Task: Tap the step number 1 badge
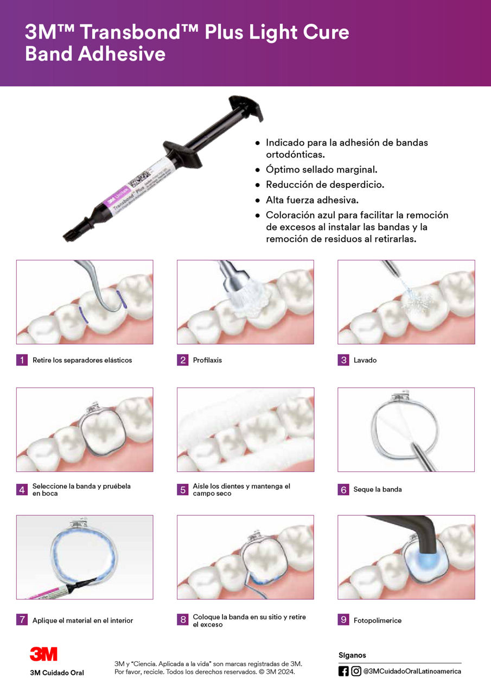(x=22, y=360)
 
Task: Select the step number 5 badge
(x=182, y=490)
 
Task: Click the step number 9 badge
(x=343, y=620)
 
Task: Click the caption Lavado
(x=365, y=360)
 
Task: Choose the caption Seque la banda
(x=378, y=490)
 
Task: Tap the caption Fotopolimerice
(x=378, y=620)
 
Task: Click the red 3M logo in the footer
(x=43, y=654)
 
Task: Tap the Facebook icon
(x=343, y=671)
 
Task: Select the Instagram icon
(x=356, y=671)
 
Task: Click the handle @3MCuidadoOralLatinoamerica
(x=412, y=671)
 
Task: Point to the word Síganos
(x=352, y=655)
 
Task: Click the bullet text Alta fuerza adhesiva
(x=312, y=200)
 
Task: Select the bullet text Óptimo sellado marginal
(x=321, y=170)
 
